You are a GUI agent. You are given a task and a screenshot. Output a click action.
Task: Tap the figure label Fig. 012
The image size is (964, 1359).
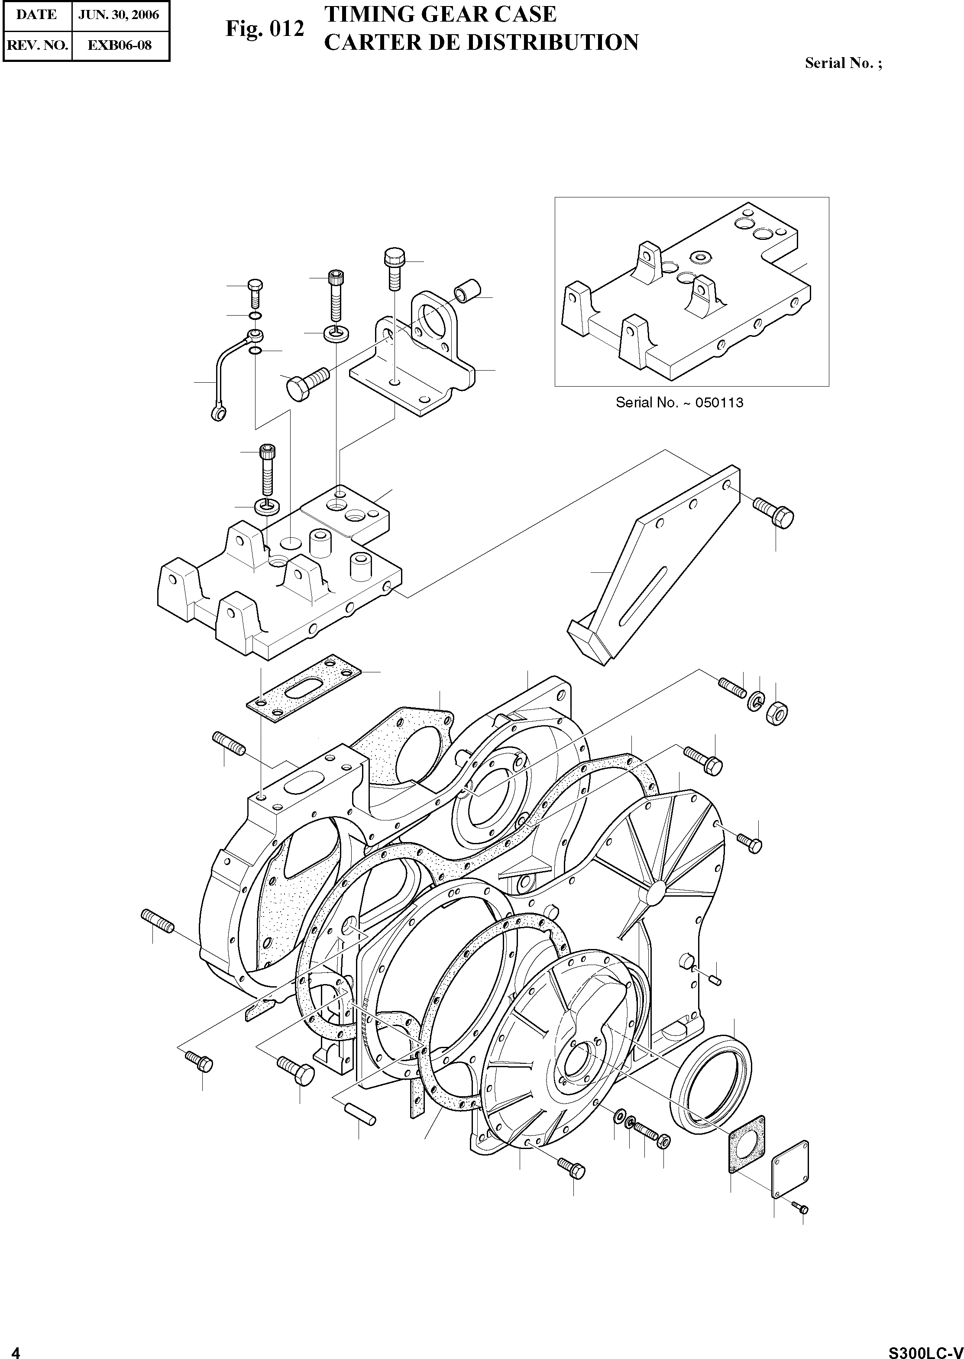pos(265,29)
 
